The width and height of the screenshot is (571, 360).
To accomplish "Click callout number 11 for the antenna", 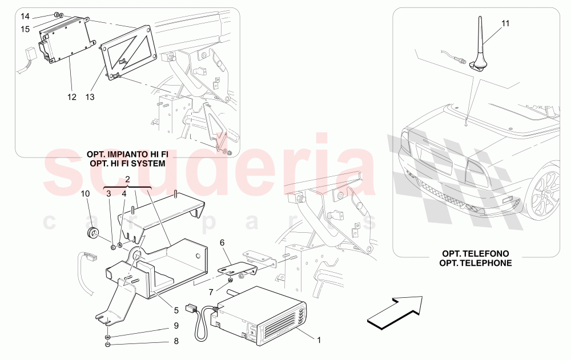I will (505, 24).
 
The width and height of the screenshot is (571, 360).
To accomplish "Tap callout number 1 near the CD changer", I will (319, 340).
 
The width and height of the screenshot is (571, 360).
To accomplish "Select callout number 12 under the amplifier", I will (72, 97).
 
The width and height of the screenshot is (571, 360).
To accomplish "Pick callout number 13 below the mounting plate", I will (91, 97).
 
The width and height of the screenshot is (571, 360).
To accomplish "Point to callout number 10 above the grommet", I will (86, 194).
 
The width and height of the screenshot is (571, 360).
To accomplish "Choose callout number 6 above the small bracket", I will (222, 242).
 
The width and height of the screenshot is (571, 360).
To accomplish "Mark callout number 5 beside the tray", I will (176, 311).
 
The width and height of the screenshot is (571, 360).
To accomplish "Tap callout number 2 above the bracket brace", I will (127, 179).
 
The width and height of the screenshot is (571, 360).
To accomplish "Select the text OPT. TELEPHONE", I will (476, 263).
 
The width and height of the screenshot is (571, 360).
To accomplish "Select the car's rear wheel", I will (548, 193).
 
